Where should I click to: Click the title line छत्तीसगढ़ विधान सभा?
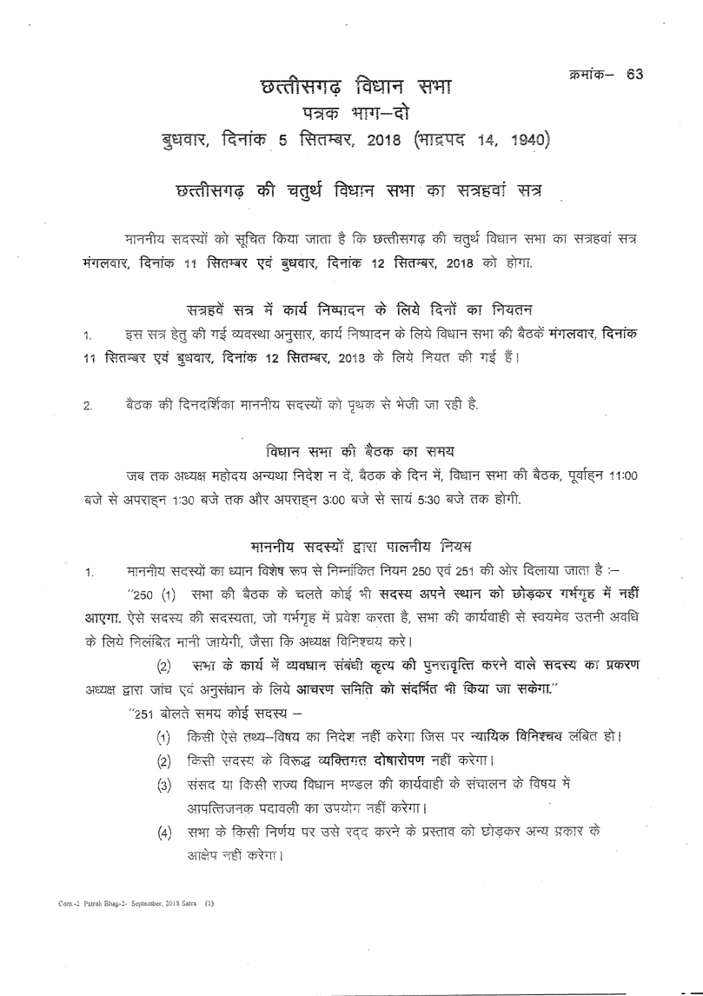(356, 89)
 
